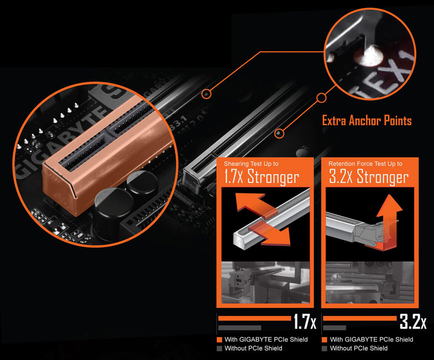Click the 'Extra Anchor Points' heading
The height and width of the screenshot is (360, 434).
(367, 121)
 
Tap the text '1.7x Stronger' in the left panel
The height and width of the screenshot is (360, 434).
(261, 177)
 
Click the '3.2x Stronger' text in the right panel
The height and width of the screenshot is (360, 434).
(369, 177)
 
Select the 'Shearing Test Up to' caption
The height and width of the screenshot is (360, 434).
(251, 164)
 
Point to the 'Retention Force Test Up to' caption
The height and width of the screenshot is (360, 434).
(365, 164)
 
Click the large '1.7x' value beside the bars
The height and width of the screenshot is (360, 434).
(304, 322)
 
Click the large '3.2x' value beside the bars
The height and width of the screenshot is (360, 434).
(413, 322)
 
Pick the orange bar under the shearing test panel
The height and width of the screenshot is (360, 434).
(254, 318)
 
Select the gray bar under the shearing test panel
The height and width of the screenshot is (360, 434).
(240, 328)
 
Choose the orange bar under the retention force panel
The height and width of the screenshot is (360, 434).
(359, 318)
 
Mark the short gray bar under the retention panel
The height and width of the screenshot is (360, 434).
(335, 328)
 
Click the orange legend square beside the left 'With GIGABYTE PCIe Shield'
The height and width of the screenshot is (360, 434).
(219, 340)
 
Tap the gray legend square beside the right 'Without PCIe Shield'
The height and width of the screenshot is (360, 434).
(324, 348)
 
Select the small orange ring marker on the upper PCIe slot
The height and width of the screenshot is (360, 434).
(206, 94)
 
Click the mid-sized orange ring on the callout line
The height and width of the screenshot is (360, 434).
(321, 98)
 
